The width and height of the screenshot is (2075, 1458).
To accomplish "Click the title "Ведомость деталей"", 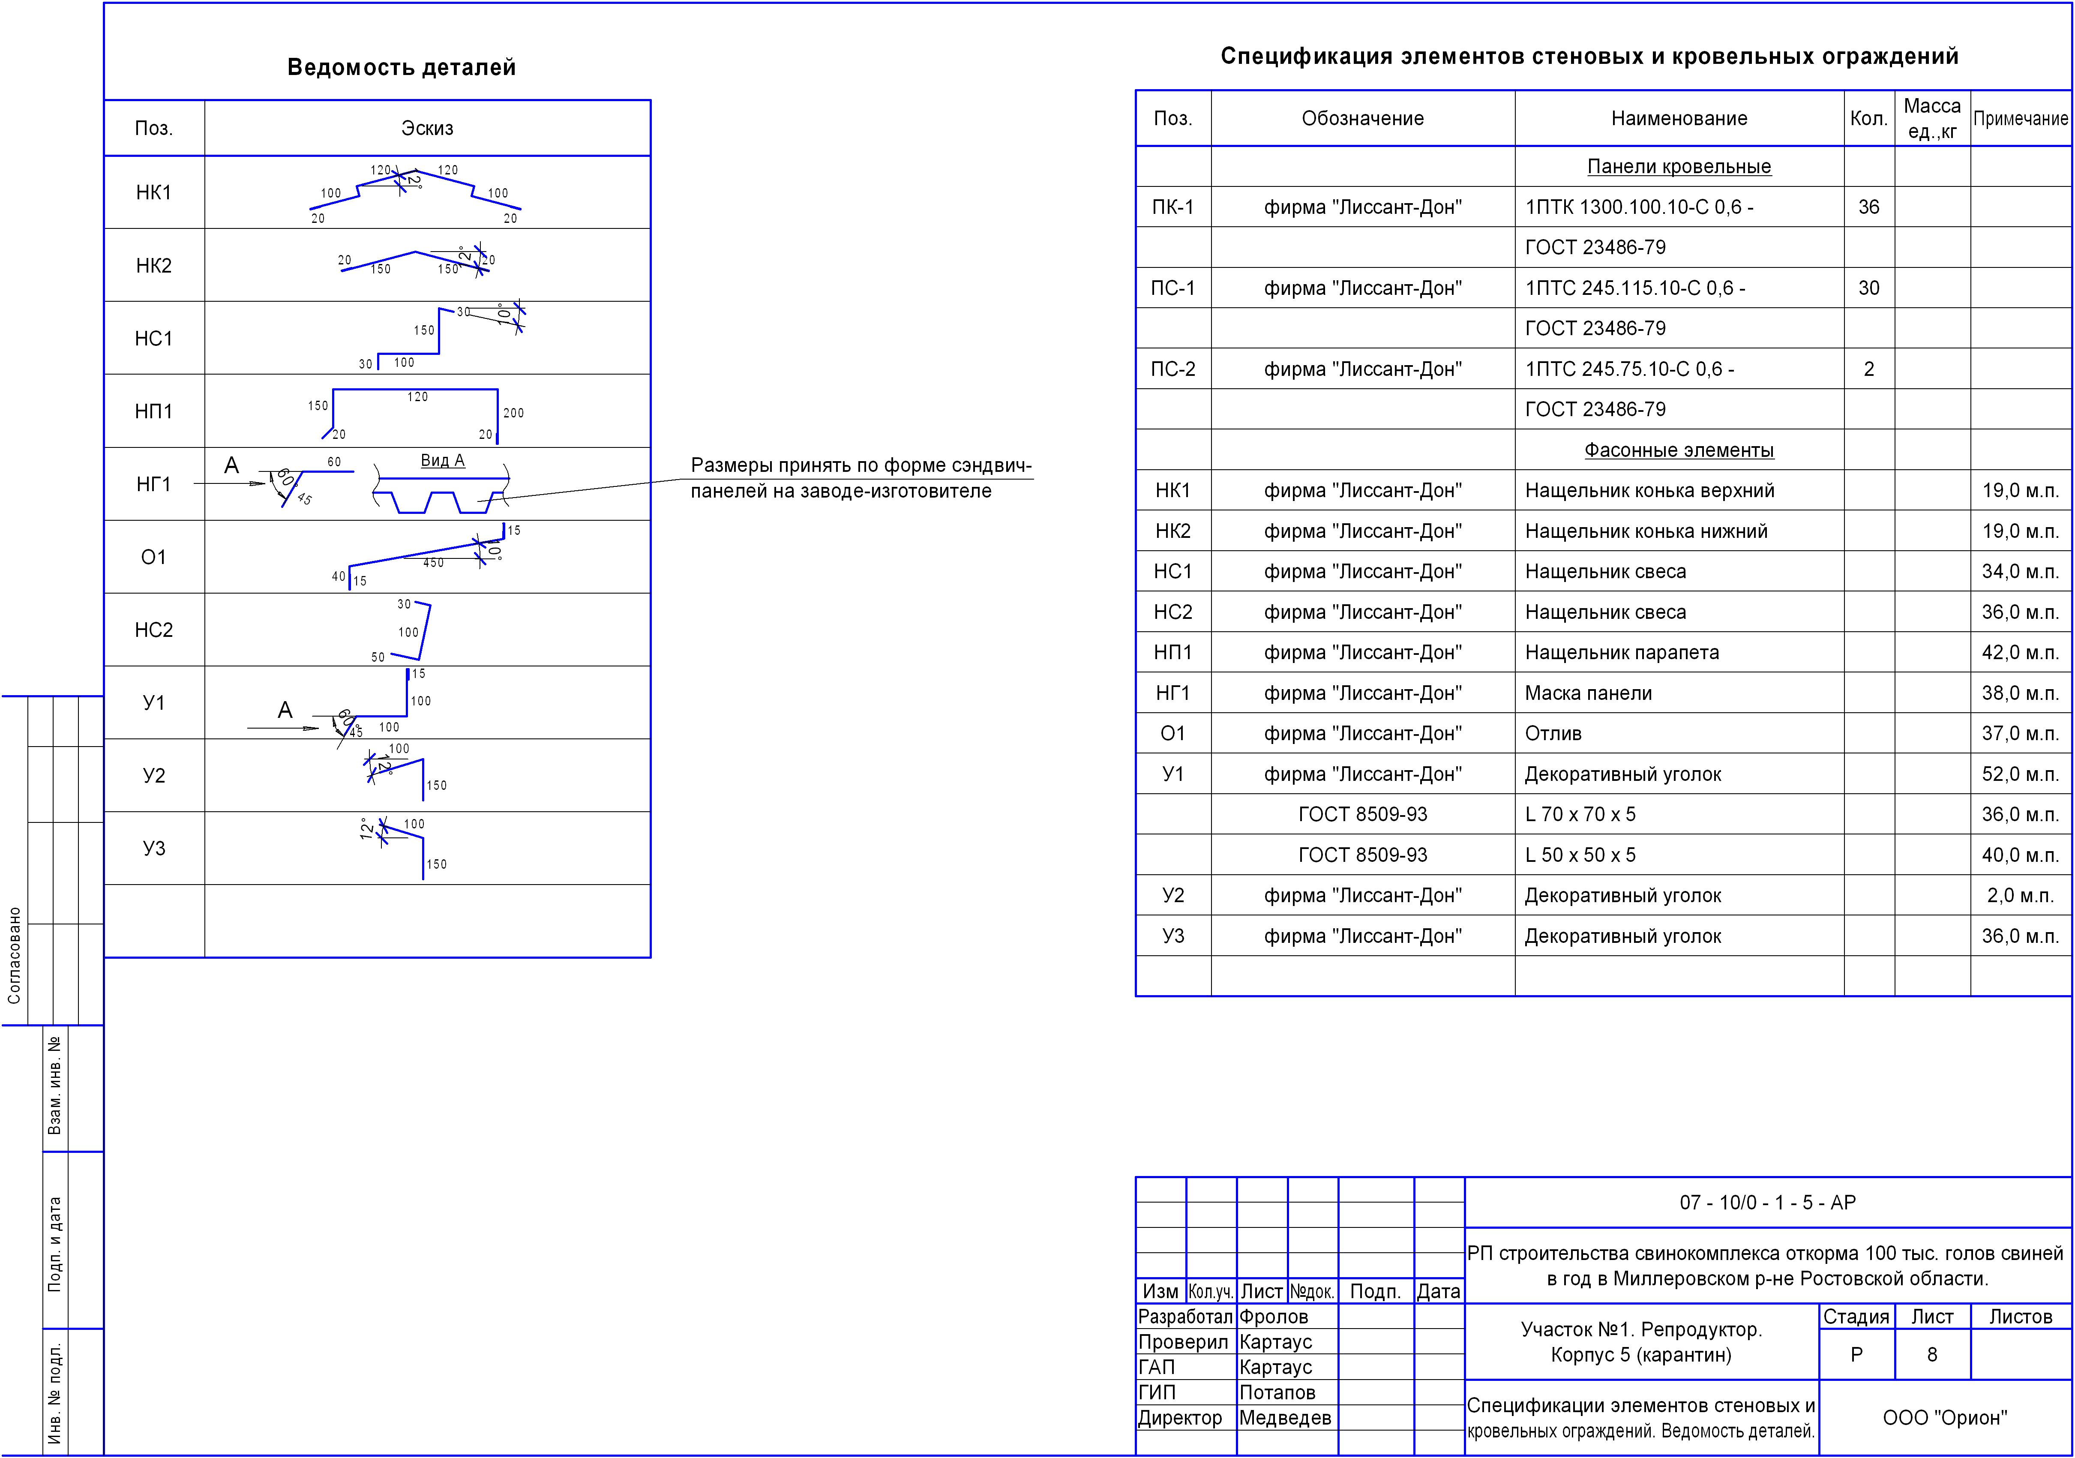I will tap(401, 68).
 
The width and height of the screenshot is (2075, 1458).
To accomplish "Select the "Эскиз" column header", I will tap(426, 128).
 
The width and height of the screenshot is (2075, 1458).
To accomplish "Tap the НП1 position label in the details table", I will tap(154, 411).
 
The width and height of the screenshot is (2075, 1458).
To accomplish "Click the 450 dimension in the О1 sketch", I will tap(434, 563).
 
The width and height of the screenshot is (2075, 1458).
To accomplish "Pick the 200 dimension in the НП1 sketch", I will tap(513, 413).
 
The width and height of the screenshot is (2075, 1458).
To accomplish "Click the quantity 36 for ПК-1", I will tap(1868, 207).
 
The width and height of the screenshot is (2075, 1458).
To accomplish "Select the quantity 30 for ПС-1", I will tap(1868, 288).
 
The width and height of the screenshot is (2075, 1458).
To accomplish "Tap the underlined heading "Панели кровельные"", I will tap(1678, 166).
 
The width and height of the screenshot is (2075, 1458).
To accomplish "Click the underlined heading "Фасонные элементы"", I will tap(1678, 450).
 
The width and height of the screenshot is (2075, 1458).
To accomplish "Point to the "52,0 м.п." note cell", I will tap(2020, 774).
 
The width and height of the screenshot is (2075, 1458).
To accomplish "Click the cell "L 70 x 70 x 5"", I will tap(1580, 814).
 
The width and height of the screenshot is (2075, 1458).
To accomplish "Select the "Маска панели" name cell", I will tap(1588, 693).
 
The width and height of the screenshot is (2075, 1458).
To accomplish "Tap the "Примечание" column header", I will tap(2020, 118).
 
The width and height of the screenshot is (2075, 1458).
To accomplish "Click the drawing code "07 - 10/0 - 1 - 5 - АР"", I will tap(1767, 1202).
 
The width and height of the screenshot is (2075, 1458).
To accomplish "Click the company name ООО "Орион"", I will tap(1944, 1417).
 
